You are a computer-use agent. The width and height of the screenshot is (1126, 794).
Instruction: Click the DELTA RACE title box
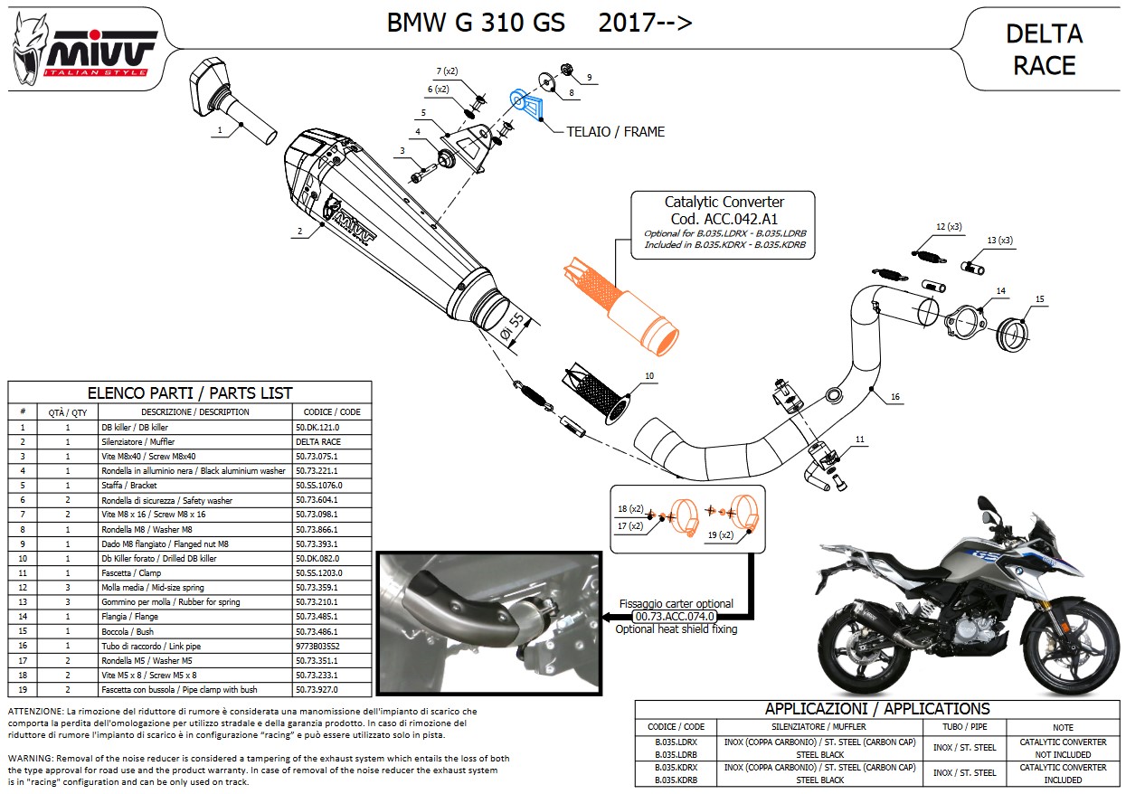tap(1044, 49)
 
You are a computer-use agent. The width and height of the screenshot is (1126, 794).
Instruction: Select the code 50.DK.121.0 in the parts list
tap(319, 427)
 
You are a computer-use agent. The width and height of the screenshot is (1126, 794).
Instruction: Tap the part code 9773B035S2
tap(319, 647)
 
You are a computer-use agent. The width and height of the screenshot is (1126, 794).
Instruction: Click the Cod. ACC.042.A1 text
tap(724, 218)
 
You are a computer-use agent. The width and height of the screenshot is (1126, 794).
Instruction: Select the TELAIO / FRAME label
tap(615, 132)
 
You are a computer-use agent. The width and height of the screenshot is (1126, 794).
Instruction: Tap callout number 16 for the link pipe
tap(894, 397)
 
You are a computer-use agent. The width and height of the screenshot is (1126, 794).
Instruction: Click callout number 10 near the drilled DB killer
tap(648, 375)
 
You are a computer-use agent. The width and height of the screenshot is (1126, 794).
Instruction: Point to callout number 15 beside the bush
tap(1039, 299)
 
